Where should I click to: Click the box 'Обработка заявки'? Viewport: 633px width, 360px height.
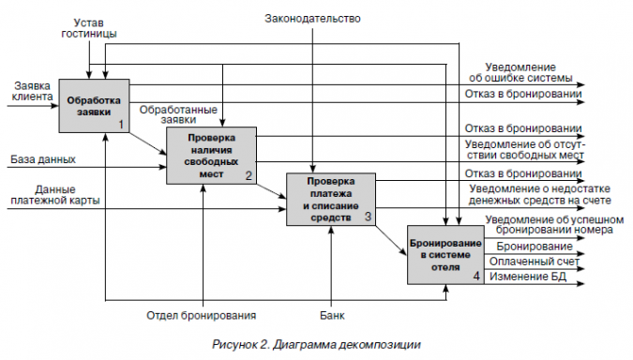pos(94,105)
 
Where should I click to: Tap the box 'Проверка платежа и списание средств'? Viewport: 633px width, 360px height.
pos(329,199)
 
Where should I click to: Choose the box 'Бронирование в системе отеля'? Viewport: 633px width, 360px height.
pos(445,254)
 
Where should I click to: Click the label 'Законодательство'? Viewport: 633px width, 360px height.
pos(312,18)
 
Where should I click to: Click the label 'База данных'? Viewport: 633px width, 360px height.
pos(43,159)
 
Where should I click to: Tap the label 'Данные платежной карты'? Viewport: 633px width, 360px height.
pos(54,193)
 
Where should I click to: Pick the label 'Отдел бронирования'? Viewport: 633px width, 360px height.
pos(202,315)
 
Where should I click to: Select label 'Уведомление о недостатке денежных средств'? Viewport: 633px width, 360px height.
pos(539,194)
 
